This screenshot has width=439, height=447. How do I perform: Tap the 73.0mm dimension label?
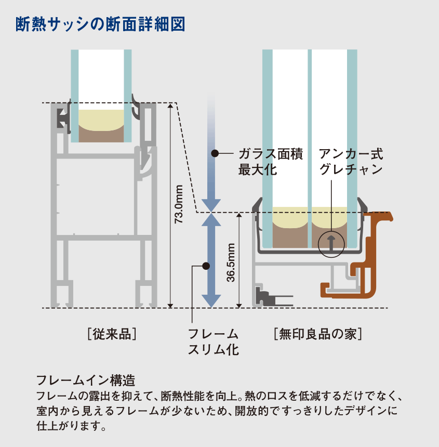pyautogui.click(x=178, y=204)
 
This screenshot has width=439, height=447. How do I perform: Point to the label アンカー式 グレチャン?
pyautogui.click(x=351, y=162)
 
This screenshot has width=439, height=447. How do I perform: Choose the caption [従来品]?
pyautogui.click(x=113, y=333)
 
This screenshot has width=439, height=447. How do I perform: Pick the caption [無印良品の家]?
pyautogui.click(x=317, y=333)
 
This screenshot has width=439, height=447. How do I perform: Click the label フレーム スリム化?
pyautogui.click(x=213, y=341)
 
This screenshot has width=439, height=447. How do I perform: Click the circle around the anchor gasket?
pyautogui.click(x=331, y=243)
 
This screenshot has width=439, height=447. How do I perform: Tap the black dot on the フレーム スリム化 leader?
pyautogui.click(x=206, y=266)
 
